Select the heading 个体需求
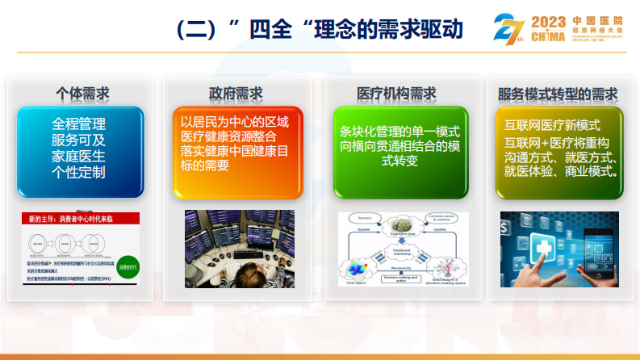click(x=82, y=94)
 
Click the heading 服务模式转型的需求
click(x=558, y=94)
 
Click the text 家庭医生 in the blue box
click(x=79, y=157)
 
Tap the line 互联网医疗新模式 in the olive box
click(x=552, y=126)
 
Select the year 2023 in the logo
click(x=550, y=20)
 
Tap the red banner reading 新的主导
click(x=80, y=219)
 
